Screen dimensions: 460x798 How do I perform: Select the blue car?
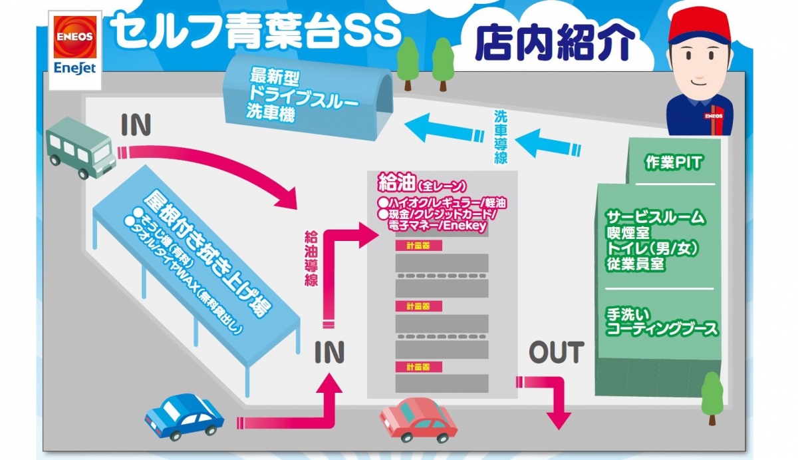point(184,415)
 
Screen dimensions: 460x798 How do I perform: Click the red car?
point(418,419)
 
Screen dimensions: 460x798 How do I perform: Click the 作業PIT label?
point(673,162)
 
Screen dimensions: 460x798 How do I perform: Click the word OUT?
point(557,352)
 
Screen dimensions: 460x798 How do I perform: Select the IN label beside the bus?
point(136,125)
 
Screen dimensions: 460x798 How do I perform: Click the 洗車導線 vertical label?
point(501,136)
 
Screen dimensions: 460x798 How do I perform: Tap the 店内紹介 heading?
point(552,43)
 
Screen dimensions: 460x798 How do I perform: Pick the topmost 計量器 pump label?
point(413,246)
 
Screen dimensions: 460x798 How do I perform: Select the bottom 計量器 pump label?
point(413,367)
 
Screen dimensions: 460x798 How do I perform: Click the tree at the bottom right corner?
point(712,397)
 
